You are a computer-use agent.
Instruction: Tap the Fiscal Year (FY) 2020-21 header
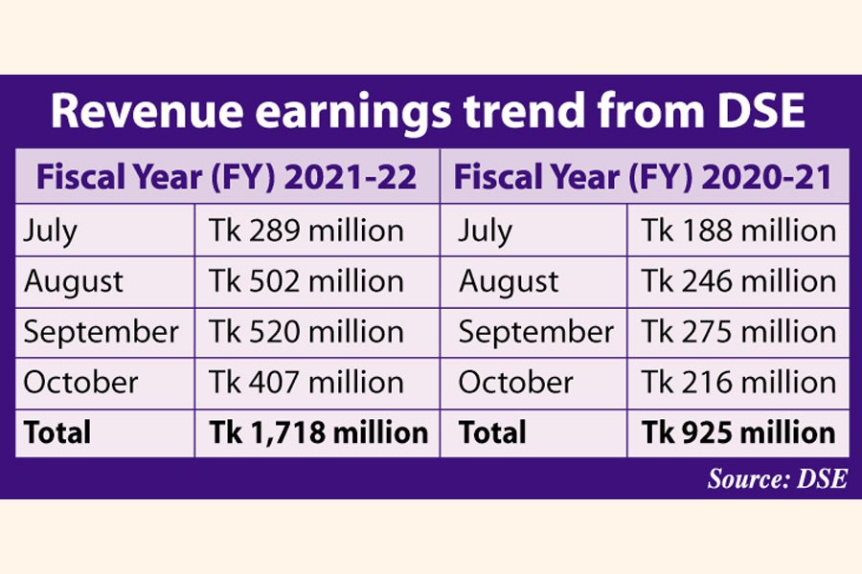[645, 177]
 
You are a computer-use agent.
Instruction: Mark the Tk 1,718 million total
[318, 432]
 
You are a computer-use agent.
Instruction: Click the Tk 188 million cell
[738, 231]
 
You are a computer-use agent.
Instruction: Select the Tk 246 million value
[738, 281]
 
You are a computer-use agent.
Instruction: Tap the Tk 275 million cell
[738, 332]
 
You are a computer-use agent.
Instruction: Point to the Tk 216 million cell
[738, 383]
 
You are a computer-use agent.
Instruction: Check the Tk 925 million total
[738, 432]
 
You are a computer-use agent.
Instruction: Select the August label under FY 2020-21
[508, 281]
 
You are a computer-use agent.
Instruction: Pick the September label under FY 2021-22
[101, 333]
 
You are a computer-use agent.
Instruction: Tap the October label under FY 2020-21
[515, 383]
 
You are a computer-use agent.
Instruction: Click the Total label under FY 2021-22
[57, 432]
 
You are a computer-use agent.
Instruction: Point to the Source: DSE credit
[777, 478]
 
